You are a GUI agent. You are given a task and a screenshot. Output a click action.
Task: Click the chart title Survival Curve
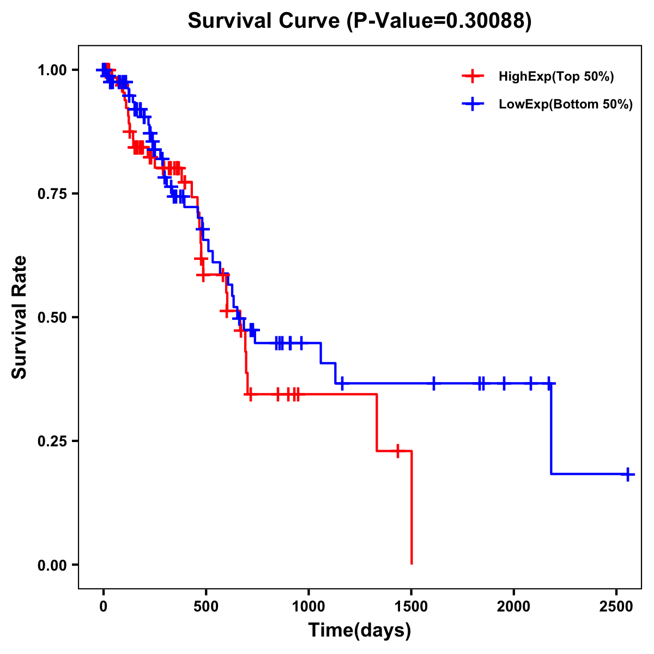(264, 21)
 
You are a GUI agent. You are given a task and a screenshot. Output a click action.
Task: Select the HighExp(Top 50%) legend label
(556, 77)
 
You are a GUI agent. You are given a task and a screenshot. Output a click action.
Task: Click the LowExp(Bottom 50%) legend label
(566, 105)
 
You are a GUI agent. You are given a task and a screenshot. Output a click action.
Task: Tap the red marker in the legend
(473, 77)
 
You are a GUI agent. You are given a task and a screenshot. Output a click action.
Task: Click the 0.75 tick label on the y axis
(52, 193)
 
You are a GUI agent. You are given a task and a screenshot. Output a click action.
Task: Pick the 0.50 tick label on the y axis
(52, 317)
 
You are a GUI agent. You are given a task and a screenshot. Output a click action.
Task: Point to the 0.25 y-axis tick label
(52, 441)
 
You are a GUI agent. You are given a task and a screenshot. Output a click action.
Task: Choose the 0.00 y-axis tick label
(52, 565)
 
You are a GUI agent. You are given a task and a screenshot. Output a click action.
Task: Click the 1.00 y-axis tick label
(52, 70)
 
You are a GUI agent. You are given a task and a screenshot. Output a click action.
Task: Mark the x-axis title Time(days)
(360, 631)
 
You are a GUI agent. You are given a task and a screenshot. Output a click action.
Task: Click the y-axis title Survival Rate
(20, 317)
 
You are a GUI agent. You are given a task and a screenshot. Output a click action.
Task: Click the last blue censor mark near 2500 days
(628, 474)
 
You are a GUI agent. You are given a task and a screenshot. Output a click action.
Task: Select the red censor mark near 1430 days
(398, 451)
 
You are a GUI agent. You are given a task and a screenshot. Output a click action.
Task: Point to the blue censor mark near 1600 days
(434, 383)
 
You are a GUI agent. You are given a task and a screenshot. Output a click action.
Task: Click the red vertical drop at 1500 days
(411, 507)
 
